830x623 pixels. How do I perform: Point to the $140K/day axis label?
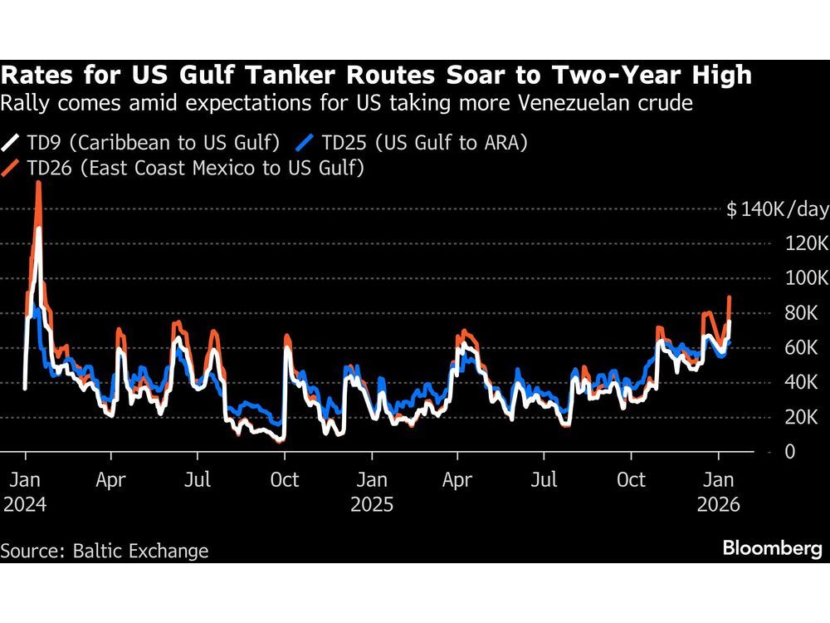coord(777,209)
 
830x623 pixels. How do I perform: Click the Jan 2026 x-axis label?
coord(718,491)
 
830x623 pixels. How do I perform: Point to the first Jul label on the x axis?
coord(197,480)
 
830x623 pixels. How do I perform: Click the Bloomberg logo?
coord(772,549)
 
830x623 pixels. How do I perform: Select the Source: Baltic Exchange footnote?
coord(105,551)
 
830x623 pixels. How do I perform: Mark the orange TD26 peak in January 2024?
coord(38,183)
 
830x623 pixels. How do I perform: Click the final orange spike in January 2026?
coord(729,297)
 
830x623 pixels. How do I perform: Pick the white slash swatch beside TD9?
coord(12,143)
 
